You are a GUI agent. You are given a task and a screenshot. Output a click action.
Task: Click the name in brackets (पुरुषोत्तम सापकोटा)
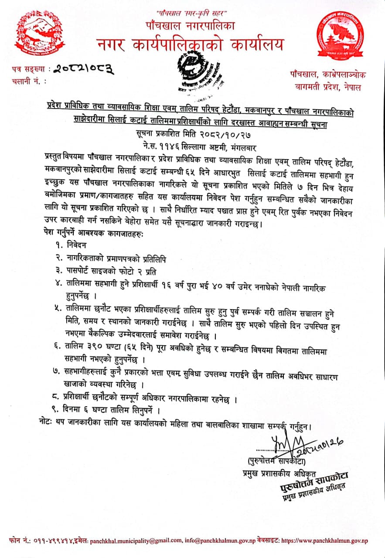coord(275,461)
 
